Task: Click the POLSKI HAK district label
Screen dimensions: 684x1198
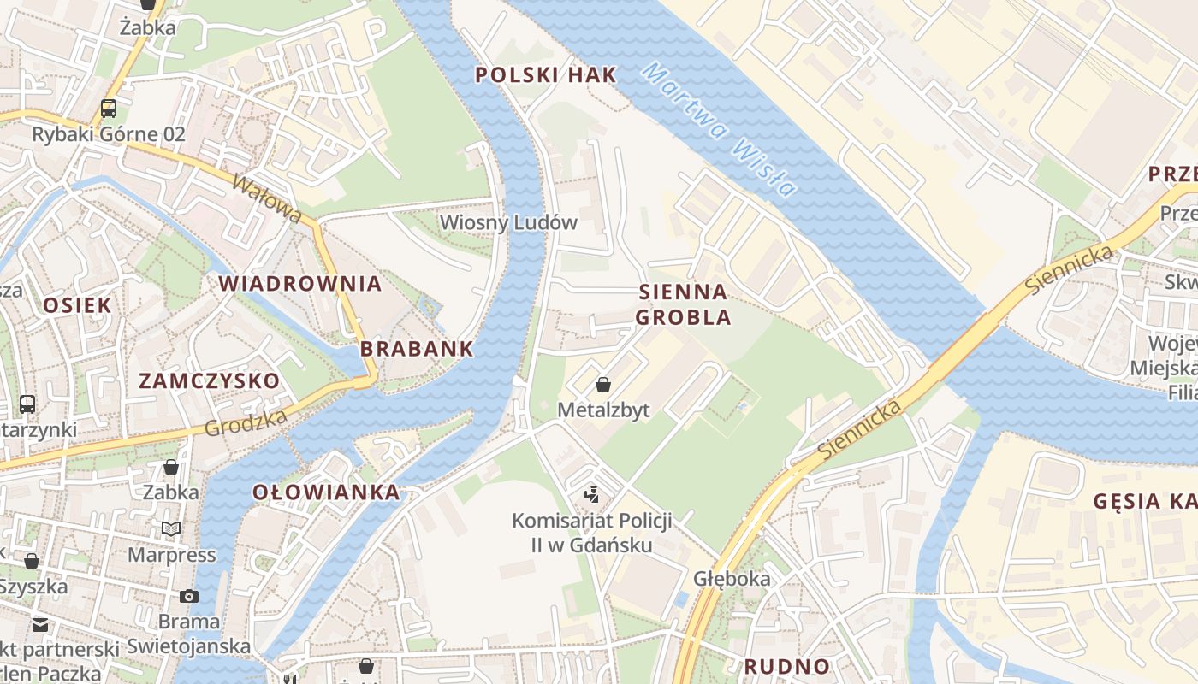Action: tap(545, 74)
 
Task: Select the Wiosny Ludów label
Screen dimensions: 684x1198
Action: tap(508, 222)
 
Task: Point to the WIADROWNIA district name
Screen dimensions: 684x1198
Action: tap(299, 284)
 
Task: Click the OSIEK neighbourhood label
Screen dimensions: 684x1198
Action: tap(77, 305)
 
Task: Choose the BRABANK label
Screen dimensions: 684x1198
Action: tap(417, 349)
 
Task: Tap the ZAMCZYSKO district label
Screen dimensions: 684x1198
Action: tap(209, 380)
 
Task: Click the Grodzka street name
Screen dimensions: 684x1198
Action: tap(246, 423)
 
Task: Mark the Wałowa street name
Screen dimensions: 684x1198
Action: tap(267, 199)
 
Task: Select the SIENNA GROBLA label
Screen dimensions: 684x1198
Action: tap(685, 304)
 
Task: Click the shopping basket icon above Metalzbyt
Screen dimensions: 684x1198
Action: tap(603, 385)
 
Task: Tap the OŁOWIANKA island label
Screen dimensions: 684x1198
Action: tap(326, 492)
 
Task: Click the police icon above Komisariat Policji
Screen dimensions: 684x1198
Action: tap(591, 494)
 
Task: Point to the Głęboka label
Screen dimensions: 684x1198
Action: tap(732, 579)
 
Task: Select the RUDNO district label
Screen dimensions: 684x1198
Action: tap(786, 666)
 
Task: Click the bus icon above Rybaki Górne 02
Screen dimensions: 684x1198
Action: tap(109, 109)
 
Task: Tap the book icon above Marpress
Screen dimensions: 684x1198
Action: tap(171, 529)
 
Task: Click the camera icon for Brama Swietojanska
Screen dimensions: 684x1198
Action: tap(189, 596)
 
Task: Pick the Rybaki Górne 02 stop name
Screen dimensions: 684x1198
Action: tap(109, 134)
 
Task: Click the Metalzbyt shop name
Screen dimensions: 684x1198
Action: tap(603, 410)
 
